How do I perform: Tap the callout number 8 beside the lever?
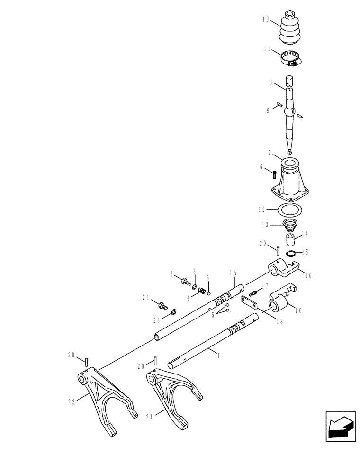pyautogui.click(x=270, y=82)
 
